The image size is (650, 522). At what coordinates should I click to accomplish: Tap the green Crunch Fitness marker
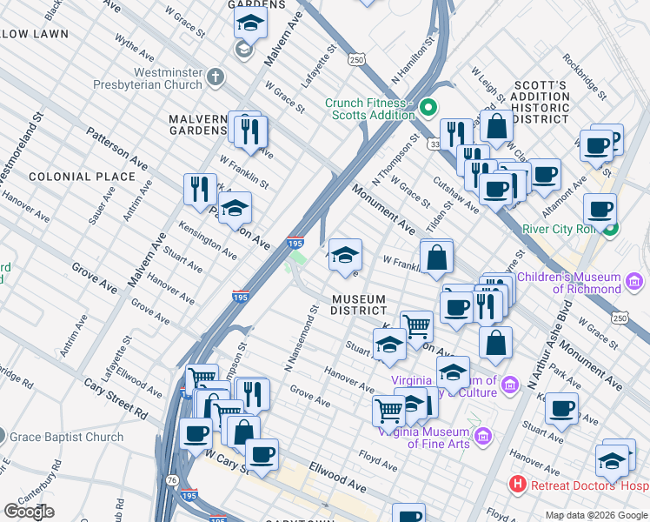(427, 109)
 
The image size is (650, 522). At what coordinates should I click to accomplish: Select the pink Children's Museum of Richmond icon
(634, 283)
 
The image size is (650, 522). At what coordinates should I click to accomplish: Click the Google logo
(29, 512)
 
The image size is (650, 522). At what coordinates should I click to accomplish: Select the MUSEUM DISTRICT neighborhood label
(359, 304)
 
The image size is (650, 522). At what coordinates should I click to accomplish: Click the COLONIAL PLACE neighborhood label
(83, 177)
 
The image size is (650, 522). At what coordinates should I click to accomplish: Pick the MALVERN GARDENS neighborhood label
(198, 124)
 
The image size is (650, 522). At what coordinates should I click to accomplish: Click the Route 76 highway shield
(170, 479)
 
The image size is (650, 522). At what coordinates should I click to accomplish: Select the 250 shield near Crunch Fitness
(356, 59)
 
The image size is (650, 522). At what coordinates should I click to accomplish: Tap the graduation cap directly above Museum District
(346, 254)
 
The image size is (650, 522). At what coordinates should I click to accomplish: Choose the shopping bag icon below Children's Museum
(495, 343)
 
